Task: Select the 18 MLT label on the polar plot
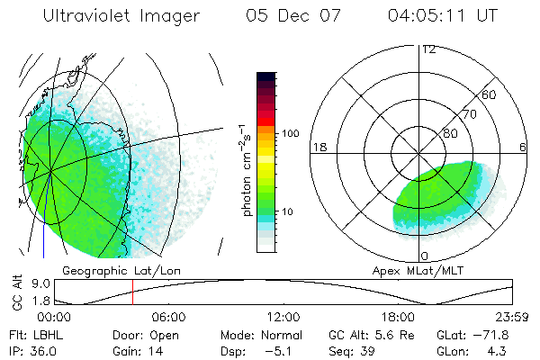[x=319, y=147]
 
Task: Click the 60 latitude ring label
[x=490, y=94]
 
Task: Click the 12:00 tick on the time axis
[x=283, y=317]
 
